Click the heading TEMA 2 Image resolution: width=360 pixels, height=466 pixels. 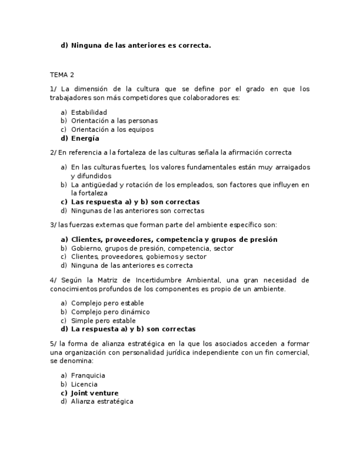(x=62, y=75)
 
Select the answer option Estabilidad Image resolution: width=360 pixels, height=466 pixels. (x=88, y=112)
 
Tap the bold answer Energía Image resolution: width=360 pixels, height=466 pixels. (x=85, y=138)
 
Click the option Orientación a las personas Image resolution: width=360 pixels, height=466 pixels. (x=114, y=121)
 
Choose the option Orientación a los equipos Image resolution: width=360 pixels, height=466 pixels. (x=112, y=130)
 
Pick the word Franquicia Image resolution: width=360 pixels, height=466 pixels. (x=88, y=375)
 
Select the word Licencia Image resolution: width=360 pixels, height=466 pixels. (x=84, y=384)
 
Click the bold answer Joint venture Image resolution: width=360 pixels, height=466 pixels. (x=95, y=393)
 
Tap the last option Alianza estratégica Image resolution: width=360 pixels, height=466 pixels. (x=102, y=402)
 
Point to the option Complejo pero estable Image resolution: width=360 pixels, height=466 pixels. (x=107, y=303)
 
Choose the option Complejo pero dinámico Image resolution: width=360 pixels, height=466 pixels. (x=110, y=312)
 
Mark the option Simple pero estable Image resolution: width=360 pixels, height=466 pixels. (x=103, y=320)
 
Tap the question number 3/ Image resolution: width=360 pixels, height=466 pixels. (x=53, y=225)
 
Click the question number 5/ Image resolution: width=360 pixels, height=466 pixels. (x=53, y=343)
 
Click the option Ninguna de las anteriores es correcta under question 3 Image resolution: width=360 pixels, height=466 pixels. (x=131, y=265)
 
